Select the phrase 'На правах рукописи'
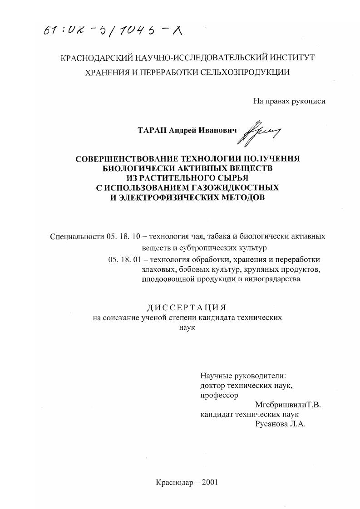289,102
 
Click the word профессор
219,395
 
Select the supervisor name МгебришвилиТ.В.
288,405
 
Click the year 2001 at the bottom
208,482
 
